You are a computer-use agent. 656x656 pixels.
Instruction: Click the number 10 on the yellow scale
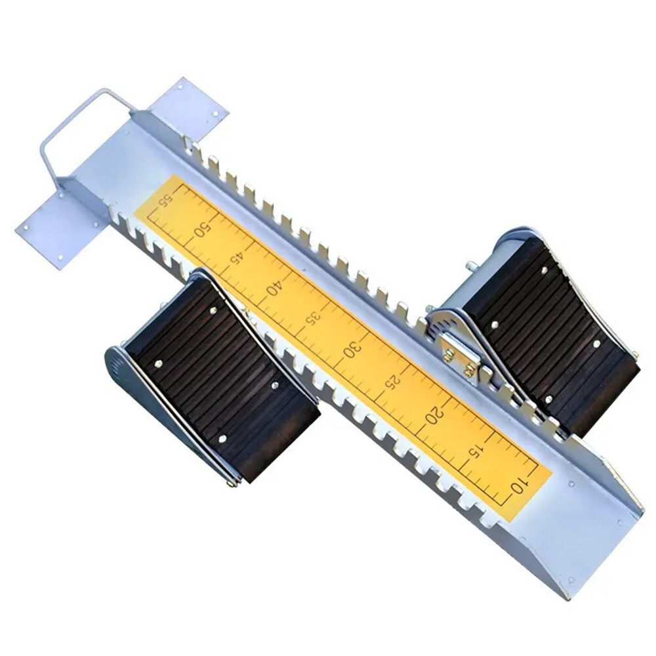(519, 485)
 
